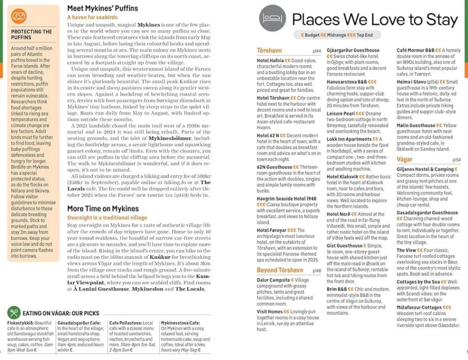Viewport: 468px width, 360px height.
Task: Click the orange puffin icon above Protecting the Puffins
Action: click(19, 17)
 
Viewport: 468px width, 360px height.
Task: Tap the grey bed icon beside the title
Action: click(272, 18)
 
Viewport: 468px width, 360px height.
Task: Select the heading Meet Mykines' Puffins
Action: click(102, 8)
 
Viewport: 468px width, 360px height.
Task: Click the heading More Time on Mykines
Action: click(103, 209)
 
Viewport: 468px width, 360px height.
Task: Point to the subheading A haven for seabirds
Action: click(92, 17)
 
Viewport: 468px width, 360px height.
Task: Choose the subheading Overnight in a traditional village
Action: click(107, 218)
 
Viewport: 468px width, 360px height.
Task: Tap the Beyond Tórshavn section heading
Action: click(280, 270)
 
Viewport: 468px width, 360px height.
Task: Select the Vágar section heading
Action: click(404, 159)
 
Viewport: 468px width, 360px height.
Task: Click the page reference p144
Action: click(316, 51)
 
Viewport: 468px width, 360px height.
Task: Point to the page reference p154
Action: click(456, 160)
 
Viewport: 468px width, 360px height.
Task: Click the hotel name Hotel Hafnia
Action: click(271, 61)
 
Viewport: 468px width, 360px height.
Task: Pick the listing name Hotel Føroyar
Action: click(271, 230)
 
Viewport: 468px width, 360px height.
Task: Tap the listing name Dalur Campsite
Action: click(274, 280)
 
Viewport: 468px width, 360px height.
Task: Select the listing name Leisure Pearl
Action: click(341, 114)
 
